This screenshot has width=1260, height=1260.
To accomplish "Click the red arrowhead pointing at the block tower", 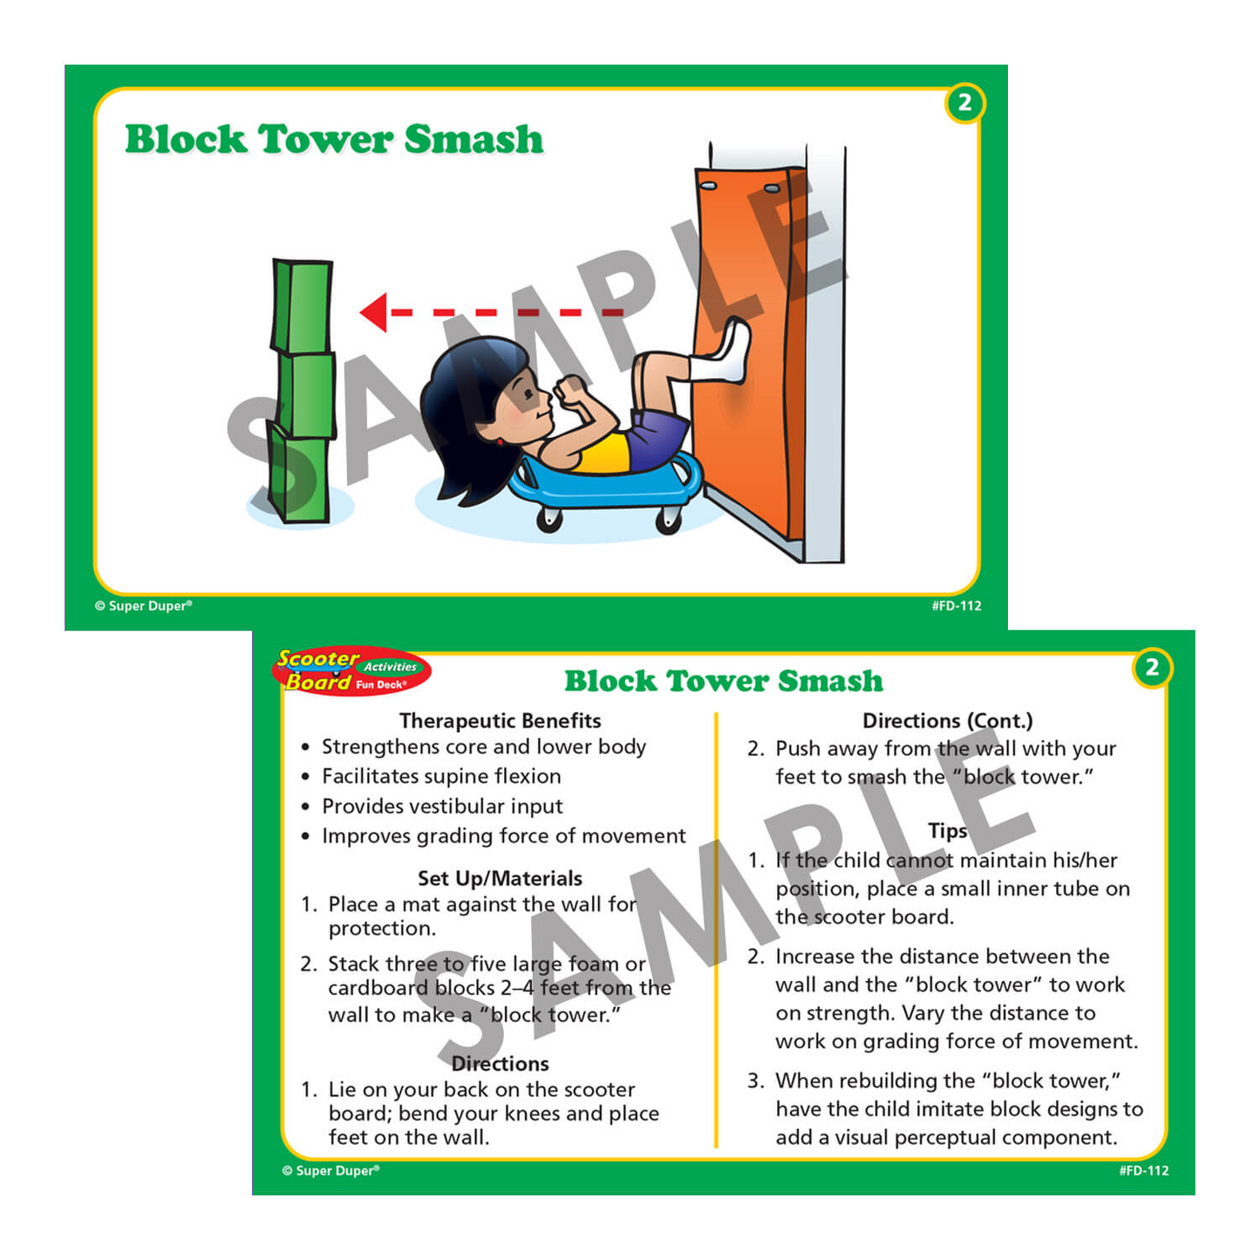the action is [x=374, y=312].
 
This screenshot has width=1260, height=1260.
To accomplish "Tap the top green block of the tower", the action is [x=302, y=306].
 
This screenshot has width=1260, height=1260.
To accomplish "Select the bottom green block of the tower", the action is [x=299, y=473].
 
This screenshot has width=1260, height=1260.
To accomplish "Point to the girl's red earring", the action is [x=501, y=441].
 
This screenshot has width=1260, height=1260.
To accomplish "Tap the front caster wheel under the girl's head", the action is [x=549, y=519].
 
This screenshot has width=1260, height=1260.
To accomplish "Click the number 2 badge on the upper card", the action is [x=964, y=103].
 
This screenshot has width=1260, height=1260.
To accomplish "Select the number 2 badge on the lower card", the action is [x=1152, y=668].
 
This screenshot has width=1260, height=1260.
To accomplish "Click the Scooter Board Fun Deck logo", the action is [x=351, y=671].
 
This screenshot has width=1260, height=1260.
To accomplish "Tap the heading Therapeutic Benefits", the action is [x=501, y=720].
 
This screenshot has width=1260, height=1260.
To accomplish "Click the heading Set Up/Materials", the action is [x=501, y=878].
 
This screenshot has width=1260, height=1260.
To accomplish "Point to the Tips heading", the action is [x=948, y=831].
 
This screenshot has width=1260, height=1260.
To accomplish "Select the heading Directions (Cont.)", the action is [x=948, y=720].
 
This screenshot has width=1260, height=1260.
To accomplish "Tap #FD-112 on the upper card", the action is [x=957, y=606].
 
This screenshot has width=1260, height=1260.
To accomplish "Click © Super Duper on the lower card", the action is [x=330, y=1170].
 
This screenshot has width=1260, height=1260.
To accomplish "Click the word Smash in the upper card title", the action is [x=474, y=139].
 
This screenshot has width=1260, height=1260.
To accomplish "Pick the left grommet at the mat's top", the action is [x=708, y=187].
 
